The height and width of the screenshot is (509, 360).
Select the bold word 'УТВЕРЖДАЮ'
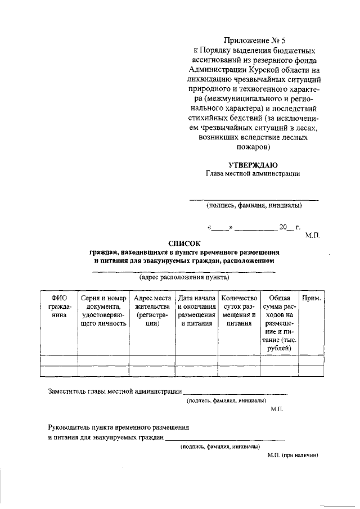253,164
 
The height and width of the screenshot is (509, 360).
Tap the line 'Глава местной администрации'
253,174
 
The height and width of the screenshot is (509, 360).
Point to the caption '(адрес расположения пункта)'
184,278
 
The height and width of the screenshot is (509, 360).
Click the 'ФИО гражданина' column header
59,307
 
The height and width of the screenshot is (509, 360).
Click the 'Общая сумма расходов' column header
279,323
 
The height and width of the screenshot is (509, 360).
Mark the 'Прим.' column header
311,298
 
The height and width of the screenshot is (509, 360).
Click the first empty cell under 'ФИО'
59,361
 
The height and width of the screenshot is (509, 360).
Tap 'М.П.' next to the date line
312,236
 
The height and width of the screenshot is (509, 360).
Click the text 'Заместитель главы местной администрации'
115,391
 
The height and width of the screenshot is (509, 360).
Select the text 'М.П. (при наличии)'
293,456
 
